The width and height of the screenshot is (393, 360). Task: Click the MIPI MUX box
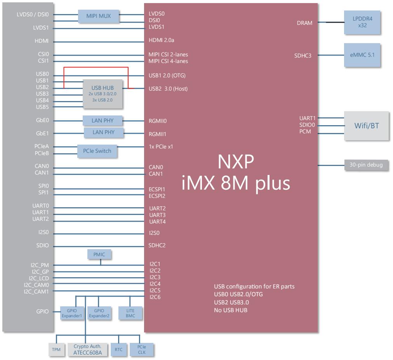tap(99, 16)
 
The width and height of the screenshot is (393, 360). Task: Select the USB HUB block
tap(103, 94)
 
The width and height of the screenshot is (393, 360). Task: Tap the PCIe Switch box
tap(97, 151)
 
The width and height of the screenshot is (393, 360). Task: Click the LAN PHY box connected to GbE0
tap(103, 121)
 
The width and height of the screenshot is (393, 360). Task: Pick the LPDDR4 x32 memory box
tap(362, 22)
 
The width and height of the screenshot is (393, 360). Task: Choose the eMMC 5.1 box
tap(362, 55)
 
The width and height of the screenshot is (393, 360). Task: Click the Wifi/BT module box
tap(367, 126)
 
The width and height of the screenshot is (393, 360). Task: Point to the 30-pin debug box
tap(366, 165)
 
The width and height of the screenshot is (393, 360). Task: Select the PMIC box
tap(99, 254)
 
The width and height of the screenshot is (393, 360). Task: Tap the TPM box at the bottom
tap(56, 350)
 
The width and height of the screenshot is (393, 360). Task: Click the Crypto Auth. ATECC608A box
tap(87, 350)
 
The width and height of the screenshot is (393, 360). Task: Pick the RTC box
tap(118, 350)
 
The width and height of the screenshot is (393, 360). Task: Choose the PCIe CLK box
tap(141, 350)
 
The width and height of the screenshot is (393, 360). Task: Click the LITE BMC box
tap(130, 313)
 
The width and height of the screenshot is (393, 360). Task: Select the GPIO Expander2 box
tap(99, 313)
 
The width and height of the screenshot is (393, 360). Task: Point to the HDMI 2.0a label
tap(162, 40)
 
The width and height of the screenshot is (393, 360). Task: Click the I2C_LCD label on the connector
tap(39, 278)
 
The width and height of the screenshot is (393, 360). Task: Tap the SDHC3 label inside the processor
tap(303, 56)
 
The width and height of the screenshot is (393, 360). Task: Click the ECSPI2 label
tap(157, 196)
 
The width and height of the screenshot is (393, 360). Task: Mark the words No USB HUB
tap(231, 310)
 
